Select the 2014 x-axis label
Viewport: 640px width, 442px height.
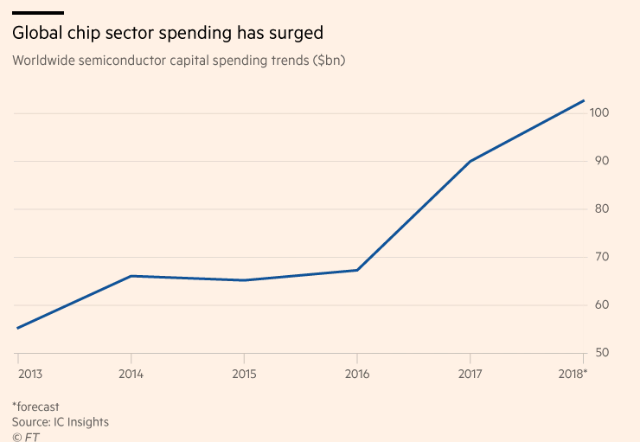click(x=131, y=374)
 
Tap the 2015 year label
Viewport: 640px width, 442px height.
click(x=244, y=374)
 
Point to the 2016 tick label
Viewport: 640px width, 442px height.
click(x=357, y=374)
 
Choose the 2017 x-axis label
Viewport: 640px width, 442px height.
click(x=470, y=374)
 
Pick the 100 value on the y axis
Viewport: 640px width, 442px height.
click(x=600, y=113)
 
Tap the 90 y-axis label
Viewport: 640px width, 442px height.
click(x=600, y=161)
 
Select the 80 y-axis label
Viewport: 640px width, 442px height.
click(x=600, y=209)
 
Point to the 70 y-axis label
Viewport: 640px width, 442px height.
click(x=600, y=257)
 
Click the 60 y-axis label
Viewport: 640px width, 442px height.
click(x=600, y=305)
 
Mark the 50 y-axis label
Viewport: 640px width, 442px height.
click(x=600, y=353)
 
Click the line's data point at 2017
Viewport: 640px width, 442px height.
click(x=470, y=161)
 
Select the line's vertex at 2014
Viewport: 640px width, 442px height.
click(x=131, y=276)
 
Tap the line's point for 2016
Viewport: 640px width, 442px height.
click(x=357, y=270)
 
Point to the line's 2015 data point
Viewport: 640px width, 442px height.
click(x=244, y=280)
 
